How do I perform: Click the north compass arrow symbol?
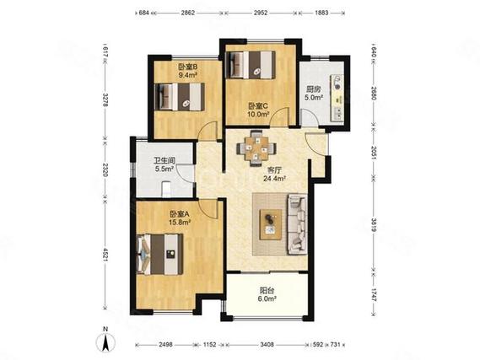[x=105, y=341]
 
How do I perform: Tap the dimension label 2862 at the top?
[x=187, y=13]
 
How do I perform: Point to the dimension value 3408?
[x=267, y=345]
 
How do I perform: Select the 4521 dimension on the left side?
[x=105, y=255]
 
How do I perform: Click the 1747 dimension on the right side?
[x=374, y=294]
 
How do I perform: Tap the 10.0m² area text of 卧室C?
[x=258, y=114]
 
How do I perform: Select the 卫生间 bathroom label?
[x=164, y=160]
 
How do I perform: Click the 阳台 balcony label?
[x=267, y=291]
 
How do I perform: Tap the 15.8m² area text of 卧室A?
[x=180, y=223]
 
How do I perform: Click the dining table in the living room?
[x=256, y=148]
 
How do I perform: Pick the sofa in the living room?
[x=297, y=224]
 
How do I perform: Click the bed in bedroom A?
[x=160, y=254]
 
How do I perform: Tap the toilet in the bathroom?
[x=165, y=190]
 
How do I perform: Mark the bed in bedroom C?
[x=250, y=65]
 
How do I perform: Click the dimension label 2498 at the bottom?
[x=165, y=345]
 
